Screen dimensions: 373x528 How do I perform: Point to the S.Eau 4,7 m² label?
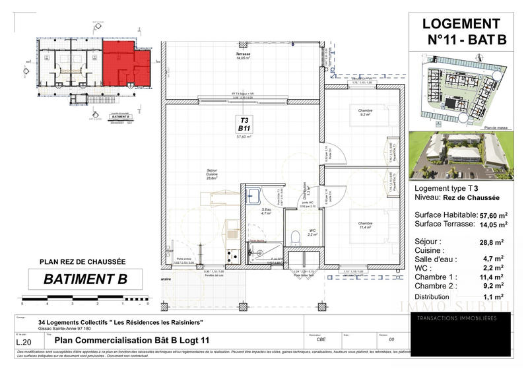tap(266, 212)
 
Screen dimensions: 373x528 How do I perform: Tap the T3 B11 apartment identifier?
tap(244, 125)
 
